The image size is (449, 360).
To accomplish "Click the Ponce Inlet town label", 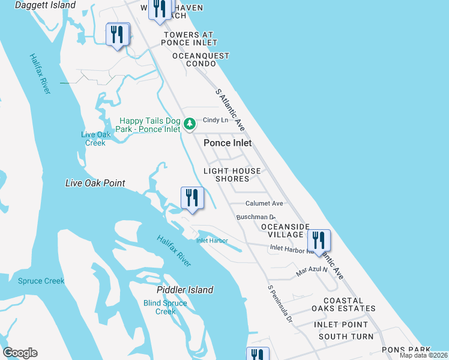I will [228, 143].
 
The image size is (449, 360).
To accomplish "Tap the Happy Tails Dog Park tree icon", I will [190, 124].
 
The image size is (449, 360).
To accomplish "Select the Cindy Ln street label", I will [217, 120].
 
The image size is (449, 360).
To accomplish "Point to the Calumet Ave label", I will [264, 203].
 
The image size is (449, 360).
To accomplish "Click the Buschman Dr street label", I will [255, 217].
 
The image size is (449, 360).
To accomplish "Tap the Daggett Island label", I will [37, 5].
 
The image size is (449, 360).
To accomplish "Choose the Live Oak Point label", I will [95, 183].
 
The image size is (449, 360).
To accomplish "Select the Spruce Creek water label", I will [41, 281].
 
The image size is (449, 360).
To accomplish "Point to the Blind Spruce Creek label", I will [166, 307].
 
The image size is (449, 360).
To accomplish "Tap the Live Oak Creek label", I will [95, 139].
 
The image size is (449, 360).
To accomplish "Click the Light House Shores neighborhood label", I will [232, 175].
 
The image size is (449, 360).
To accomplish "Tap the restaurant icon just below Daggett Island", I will [117, 34].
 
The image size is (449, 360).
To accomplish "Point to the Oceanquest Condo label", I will [200, 59].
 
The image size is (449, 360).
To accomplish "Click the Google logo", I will [20, 353].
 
